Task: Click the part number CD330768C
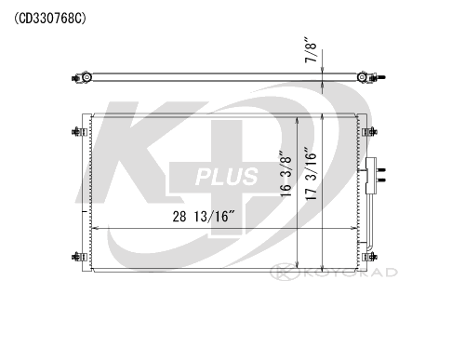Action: click(x=50, y=19)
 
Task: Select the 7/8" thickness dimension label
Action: click(x=311, y=50)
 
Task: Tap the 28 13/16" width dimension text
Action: click(x=205, y=217)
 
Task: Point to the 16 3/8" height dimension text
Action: click(x=286, y=174)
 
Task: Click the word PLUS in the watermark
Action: click(x=227, y=177)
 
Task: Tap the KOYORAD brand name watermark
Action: click(x=351, y=273)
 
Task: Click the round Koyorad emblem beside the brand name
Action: click(x=285, y=272)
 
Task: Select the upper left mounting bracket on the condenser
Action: click(x=79, y=132)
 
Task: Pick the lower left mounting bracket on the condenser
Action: click(x=79, y=257)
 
